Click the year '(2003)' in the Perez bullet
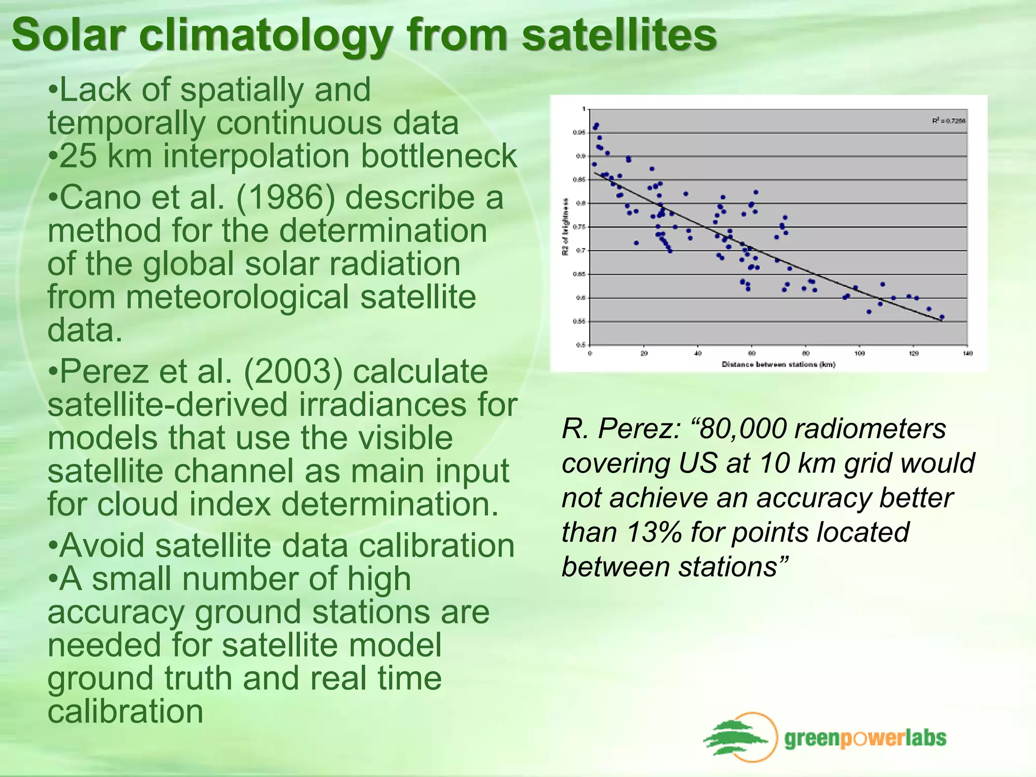point(293,372)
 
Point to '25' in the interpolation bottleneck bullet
point(78,156)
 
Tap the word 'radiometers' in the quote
point(870,429)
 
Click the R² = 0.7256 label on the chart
point(948,121)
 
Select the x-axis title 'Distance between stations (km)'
point(778,364)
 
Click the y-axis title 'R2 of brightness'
point(566,227)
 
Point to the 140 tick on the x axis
point(967,353)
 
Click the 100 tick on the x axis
point(859,353)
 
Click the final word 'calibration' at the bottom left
point(125,711)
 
